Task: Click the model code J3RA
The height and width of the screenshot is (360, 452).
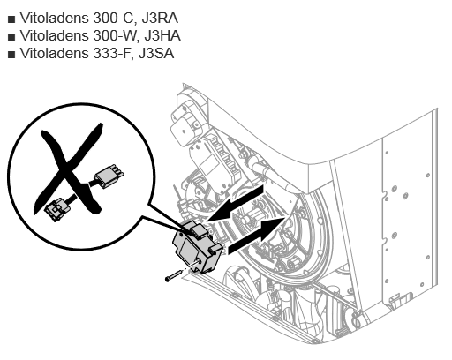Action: pos(160,19)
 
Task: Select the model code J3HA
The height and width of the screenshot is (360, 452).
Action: pos(162,36)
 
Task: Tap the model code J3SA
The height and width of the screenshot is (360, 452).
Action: pos(156,54)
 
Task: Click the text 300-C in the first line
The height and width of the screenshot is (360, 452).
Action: pos(114,19)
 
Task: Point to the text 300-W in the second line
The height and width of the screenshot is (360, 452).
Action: pos(115,36)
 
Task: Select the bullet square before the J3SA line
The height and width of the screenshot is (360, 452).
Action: pos(11,55)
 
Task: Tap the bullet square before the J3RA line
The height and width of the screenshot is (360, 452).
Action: pos(11,19)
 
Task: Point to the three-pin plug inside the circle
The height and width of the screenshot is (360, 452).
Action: pos(109,176)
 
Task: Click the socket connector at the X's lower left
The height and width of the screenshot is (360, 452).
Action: pos(57,209)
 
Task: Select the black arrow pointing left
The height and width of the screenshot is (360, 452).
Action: pos(235,204)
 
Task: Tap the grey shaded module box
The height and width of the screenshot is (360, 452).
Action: pos(197,248)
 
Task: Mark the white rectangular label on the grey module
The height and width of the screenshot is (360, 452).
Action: pos(188,250)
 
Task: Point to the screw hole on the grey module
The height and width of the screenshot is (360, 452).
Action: pos(200,261)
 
